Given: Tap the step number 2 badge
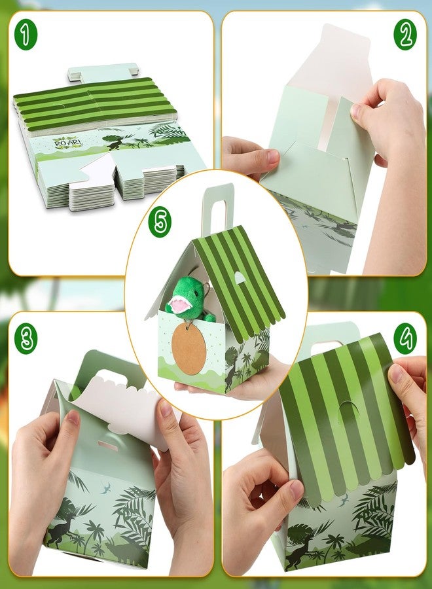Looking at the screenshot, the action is [x=405, y=34].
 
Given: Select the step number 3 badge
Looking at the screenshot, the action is [x=26, y=337].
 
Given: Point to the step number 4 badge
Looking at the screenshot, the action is [x=405, y=337].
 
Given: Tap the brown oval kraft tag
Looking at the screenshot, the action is [x=189, y=349].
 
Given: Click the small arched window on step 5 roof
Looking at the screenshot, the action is [x=240, y=277].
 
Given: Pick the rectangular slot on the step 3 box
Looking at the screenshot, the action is [x=108, y=446].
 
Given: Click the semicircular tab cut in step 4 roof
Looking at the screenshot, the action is [x=348, y=412].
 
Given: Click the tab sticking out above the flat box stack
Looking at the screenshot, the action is [x=102, y=71].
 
